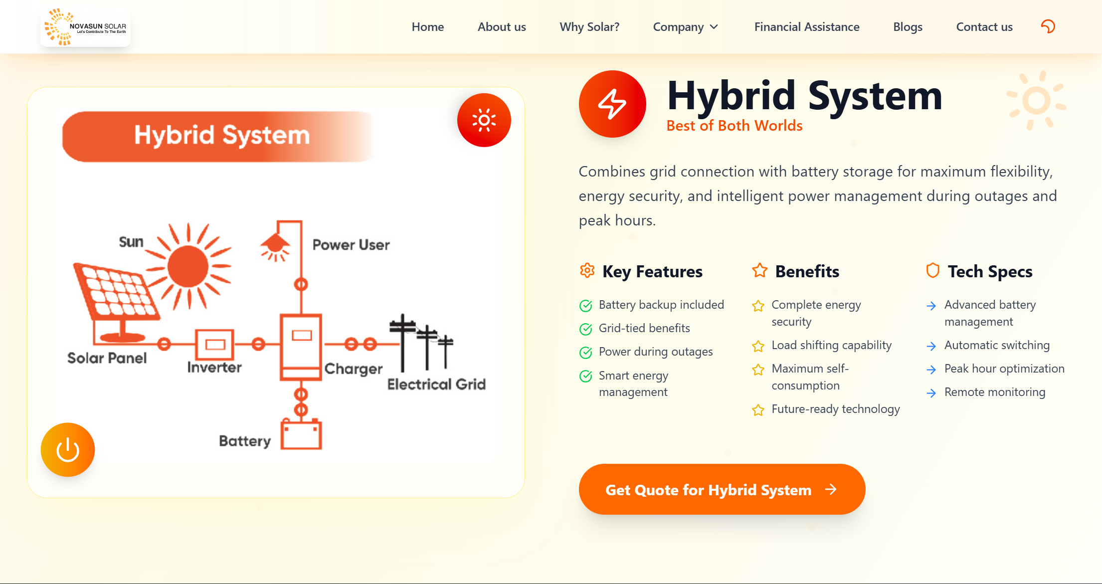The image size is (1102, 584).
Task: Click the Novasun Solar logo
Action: (85, 27)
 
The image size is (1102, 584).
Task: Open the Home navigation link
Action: (428, 27)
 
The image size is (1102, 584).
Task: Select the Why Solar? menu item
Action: (589, 27)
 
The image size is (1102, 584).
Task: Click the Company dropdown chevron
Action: (714, 27)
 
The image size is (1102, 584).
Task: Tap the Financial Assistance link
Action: (807, 27)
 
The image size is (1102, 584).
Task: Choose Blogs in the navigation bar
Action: (908, 27)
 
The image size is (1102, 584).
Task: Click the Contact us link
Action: (984, 27)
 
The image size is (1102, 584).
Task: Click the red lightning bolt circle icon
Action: (612, 104)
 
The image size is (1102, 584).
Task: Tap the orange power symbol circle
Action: (68, 450)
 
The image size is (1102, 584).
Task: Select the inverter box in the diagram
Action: (214, 344)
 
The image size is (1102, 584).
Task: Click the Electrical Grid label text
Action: (436, 384)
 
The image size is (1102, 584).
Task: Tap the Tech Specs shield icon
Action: (932, 270)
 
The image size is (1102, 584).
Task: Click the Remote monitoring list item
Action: (995, 392)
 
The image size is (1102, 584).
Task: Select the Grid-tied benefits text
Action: (644, 328)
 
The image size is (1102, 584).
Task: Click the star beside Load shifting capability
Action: (758, 346)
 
